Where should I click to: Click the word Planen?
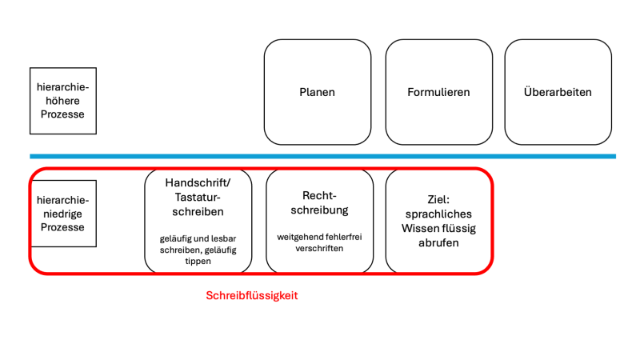tap(318, 92)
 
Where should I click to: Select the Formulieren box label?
tap(438, 92)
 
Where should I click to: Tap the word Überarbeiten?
tap(558, 92)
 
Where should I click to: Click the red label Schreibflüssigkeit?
tap(252, 295)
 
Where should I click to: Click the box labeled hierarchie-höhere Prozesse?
tap(63, 100)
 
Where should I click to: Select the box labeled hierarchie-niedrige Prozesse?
tap(63, 214)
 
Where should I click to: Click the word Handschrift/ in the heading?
tap(198, 182)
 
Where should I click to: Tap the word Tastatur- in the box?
tap(198, 197)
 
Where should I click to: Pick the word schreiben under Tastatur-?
tap(198, 212)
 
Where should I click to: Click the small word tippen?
tap(198, 262)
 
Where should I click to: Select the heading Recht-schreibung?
tap(319, 203)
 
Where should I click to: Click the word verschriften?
tap(319, 248)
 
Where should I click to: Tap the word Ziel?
tap(439, 199)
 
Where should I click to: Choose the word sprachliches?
tap(439, 214)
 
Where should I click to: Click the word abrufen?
tap(439, 243)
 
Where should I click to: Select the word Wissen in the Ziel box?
tap(421, 229)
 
